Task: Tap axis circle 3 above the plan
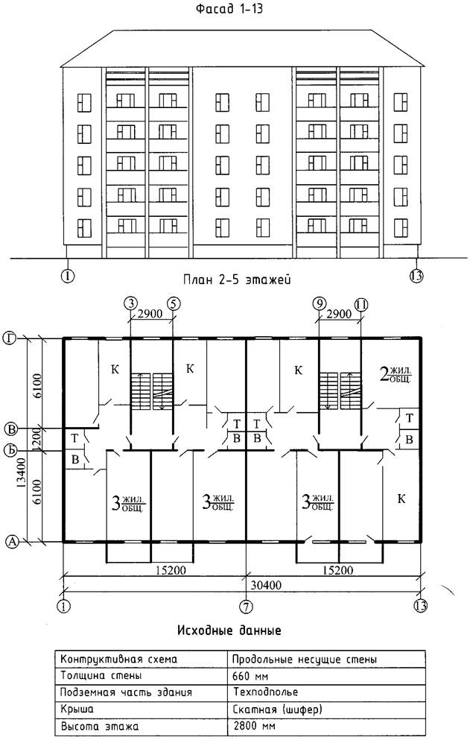[130, 303]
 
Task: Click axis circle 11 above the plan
[361, 303]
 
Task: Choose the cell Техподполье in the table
[261, 692]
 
